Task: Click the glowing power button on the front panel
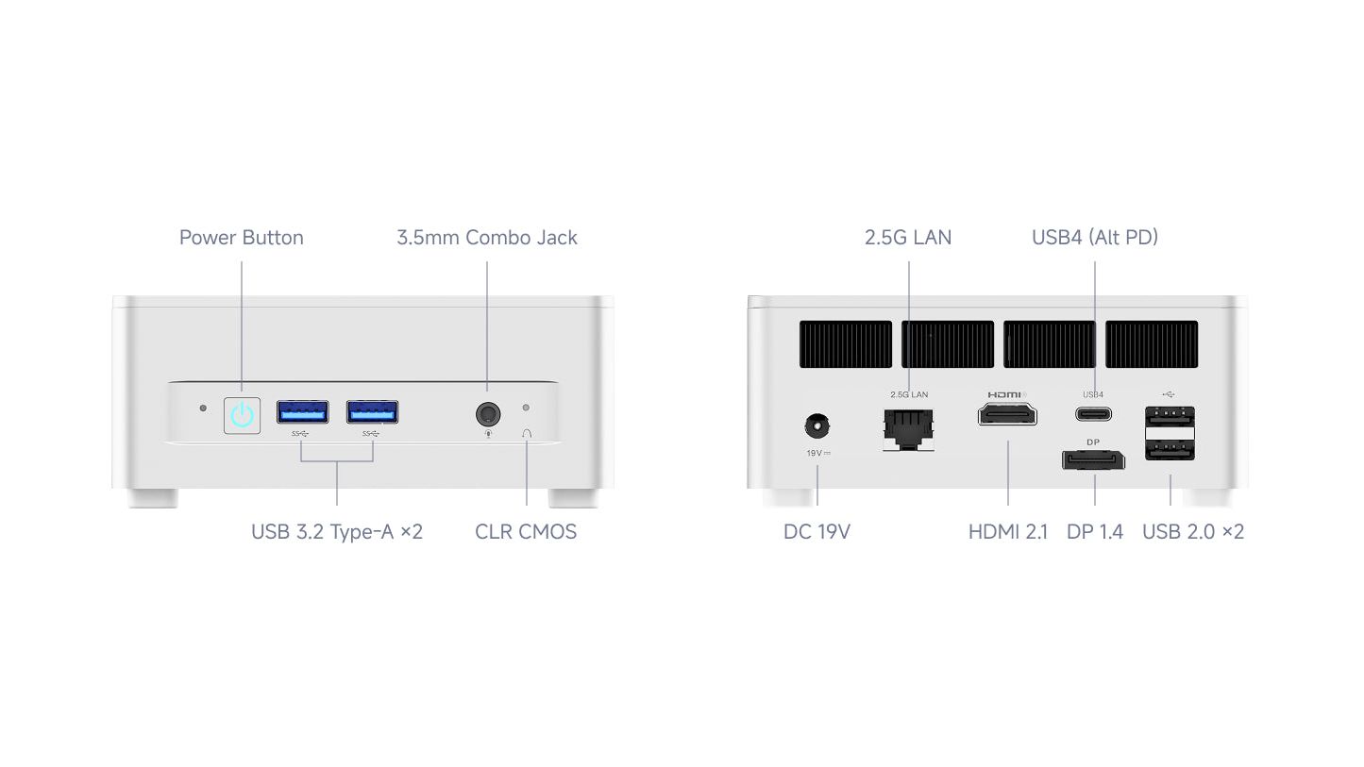pos(242,416)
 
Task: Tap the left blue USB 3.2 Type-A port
pos(303,412)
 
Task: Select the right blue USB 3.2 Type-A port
pos(372,412)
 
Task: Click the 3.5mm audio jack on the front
pos(488,414)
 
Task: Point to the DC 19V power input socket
pos(817,425)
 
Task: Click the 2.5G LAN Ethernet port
pos(908,429)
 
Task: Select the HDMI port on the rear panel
pos(1007,414)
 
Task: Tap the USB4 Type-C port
pos(1093,414)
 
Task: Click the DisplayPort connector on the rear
pos(1093,459)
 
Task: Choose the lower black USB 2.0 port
pos(1170,450)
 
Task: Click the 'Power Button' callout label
pos(241,238)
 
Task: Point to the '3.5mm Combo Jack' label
pos(486,238)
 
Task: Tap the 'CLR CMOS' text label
pos(526,531)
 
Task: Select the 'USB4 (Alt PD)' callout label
pos(1095,238)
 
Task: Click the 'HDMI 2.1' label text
pos(1008,531)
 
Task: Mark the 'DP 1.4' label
pos(1094,531)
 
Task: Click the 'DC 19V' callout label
pos(817,531)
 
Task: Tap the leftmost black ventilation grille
pos(845,344)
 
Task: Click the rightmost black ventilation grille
pos(1152,344)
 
